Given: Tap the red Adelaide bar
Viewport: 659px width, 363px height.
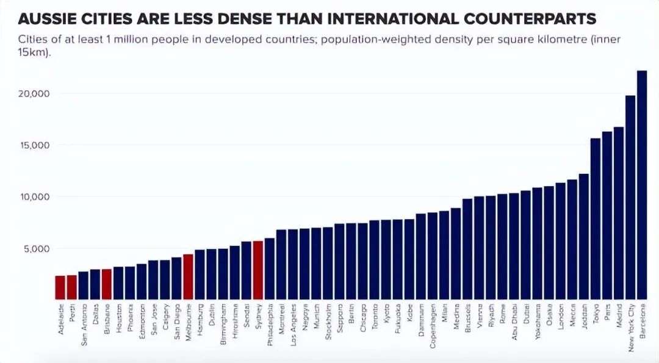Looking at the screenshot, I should click(60, 287).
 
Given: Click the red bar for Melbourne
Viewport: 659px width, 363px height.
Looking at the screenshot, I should click(188, 276).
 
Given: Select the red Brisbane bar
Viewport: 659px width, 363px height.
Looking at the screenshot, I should click(107, 284).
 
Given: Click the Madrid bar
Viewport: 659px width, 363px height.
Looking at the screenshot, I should click(619, 213).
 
